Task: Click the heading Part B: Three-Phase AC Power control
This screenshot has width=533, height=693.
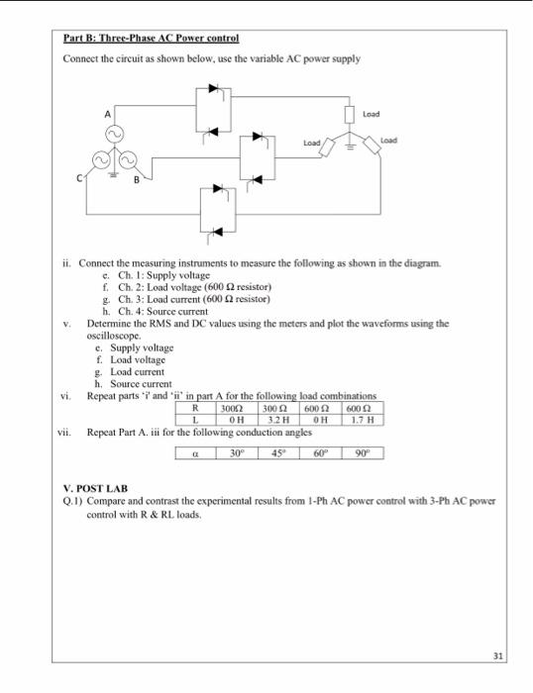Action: click(x=152, y=39)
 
